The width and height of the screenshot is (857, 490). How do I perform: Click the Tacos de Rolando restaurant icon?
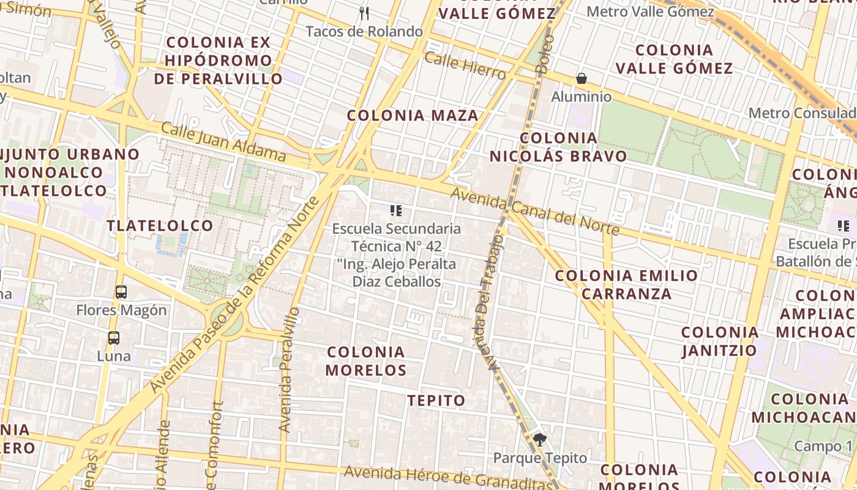(364, 13)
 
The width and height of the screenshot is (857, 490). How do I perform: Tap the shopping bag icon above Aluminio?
(581, 78)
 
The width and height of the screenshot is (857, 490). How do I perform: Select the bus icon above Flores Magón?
(121, 292)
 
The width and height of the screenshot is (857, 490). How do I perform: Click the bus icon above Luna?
(114, 337)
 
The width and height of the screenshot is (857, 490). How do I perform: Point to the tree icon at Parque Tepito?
(540, 439)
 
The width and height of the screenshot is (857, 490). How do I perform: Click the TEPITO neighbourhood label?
(436, 401)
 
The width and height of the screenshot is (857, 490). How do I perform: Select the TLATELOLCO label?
(160, 225)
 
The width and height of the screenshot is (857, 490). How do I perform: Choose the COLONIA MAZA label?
(413, 115)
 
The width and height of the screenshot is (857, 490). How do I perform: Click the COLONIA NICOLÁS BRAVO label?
(558, 147)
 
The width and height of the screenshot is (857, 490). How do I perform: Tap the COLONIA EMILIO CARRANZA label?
(626, 284)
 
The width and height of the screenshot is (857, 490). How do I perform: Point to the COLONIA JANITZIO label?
(719, 341)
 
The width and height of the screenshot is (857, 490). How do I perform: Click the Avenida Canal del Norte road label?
(535, 212)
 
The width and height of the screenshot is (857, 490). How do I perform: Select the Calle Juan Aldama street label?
(223, 141)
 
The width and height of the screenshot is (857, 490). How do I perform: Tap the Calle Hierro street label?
(465, 66)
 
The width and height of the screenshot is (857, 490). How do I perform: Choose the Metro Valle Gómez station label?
(650, 12)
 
